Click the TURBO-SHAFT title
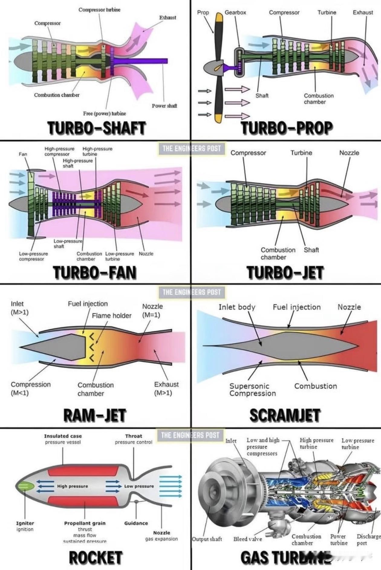click(97, 128)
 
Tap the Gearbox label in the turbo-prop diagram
click(235, 12)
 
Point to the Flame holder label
click(112, 316)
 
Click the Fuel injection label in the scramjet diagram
click(297, 307)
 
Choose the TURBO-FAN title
click(95, 272)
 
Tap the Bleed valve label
click(247, 539)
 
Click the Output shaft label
click(207, 539)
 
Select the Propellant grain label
click(85, 523)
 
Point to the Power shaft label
click(164, 106)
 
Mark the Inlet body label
click(237, 307)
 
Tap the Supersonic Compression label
click(252, 390)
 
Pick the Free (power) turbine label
click(104, 114)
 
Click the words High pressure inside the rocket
click(73, 486)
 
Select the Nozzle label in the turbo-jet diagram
click(349, 153)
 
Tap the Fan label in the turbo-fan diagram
click(23, 154)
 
